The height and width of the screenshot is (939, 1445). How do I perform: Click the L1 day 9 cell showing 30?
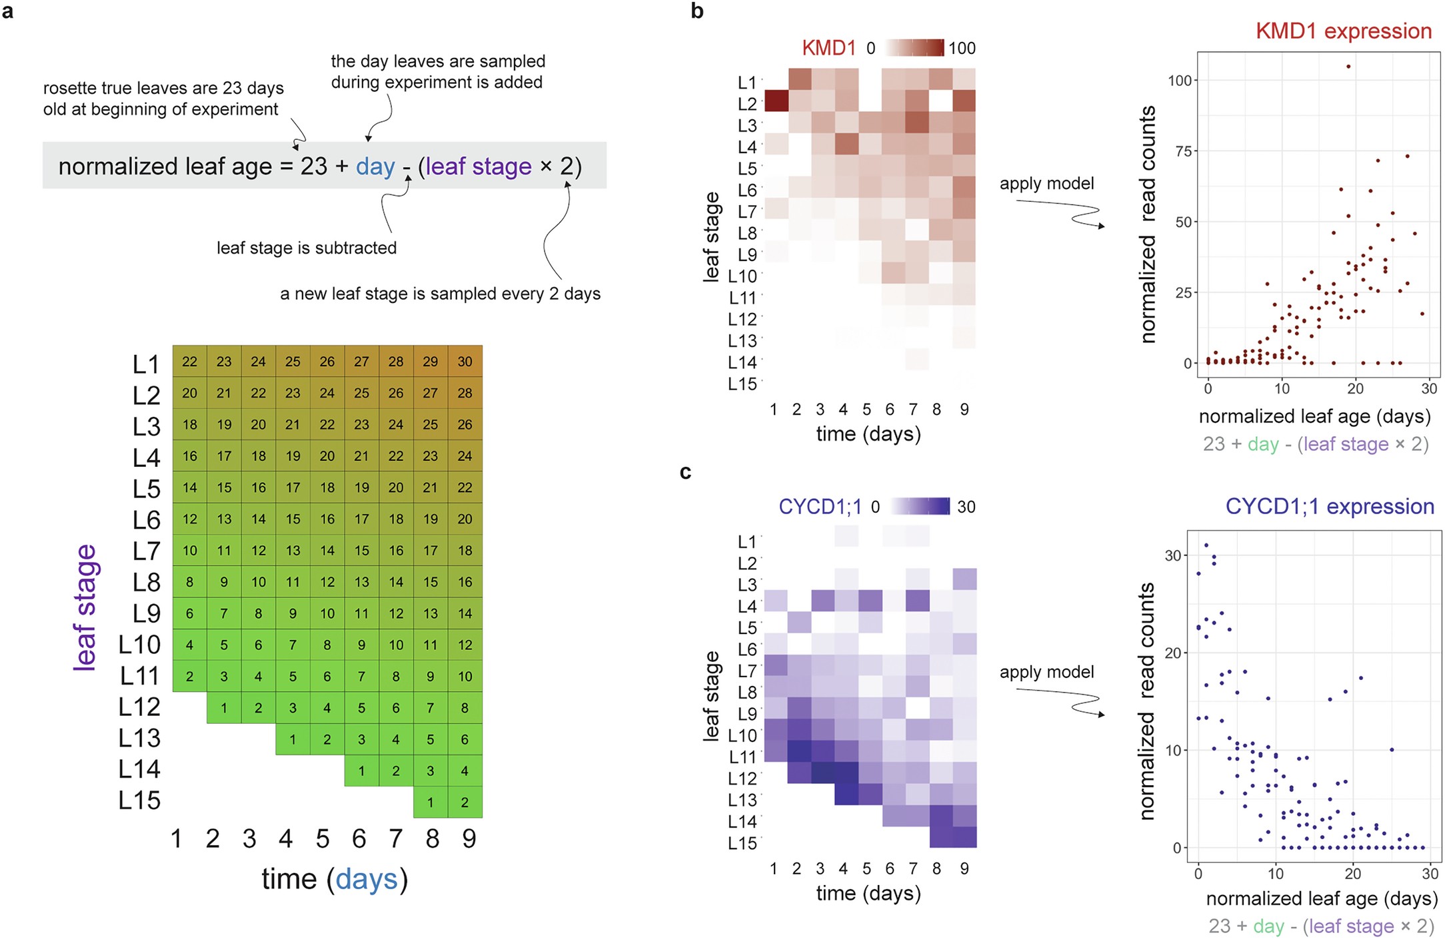click(x=465, y=362)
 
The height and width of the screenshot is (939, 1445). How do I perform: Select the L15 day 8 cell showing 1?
click(x=430, y=802)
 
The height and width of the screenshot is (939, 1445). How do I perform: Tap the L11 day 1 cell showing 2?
click(x=189, y=677)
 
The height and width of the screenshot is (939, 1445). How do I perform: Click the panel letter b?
click(x=697, y=11)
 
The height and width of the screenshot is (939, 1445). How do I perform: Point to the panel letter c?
click(x=685, y=472)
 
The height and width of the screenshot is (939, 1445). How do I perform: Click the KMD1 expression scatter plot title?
click(x=1343, y=31)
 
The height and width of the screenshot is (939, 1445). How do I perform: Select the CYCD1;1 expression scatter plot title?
click(x=1329, y=506)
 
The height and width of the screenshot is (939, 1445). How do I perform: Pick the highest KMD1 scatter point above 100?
click(x=1348, y=67)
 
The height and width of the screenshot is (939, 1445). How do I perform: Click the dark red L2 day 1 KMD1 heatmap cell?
click(x=776, y=101)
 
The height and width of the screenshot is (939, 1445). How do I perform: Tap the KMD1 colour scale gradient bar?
click(x=914, y=48)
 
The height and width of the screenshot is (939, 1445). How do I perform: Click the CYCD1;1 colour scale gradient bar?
click(x=920, y=506)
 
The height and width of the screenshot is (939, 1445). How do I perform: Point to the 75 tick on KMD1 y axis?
click(x=1183, y=151)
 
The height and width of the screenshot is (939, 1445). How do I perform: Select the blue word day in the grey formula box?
click(x=375, y=166)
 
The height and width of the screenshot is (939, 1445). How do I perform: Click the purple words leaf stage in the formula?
click(x=478, y=166)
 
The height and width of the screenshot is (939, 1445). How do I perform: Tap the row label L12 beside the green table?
click(x=139, y=707)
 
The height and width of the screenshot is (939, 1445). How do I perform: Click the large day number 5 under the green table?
click(x=323, y=838)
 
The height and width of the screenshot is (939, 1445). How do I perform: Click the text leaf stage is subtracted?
click(x=306, y=248)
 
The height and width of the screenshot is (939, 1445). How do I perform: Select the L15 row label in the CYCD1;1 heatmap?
click(x=742, y=843)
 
